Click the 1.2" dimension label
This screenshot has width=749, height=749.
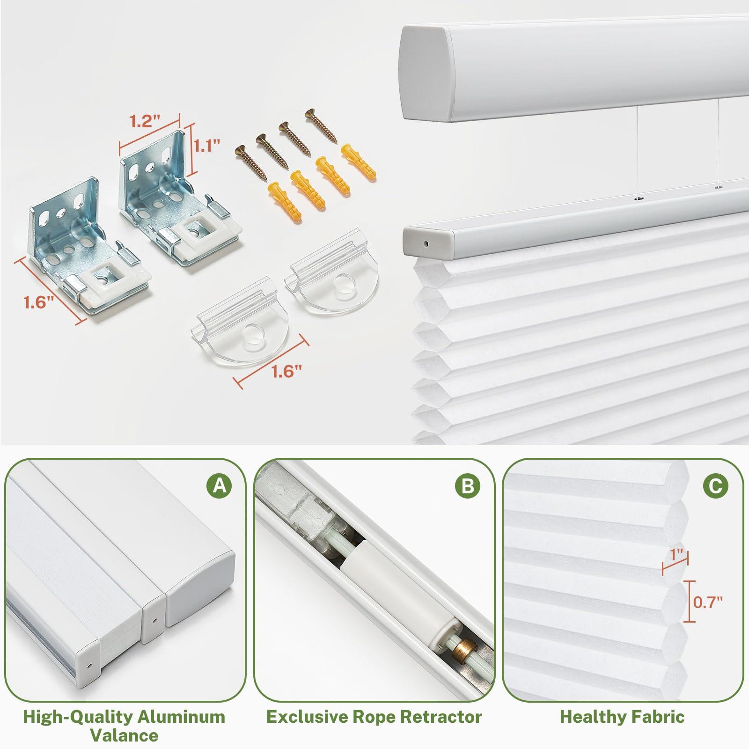coord(143,122)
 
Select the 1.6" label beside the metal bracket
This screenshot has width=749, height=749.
coord(39,302)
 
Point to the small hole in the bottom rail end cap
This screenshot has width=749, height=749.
coord(426,243)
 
